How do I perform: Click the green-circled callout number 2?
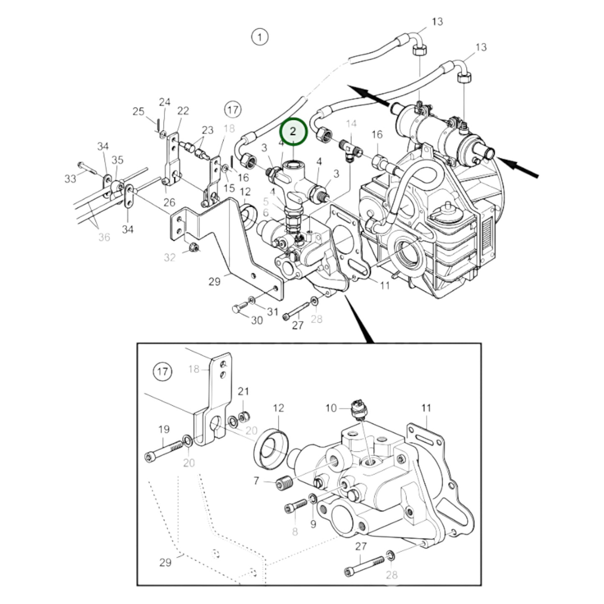pyautogui.click(x=293, y=132)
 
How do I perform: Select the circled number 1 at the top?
pyautogui.click(x=260, y=37)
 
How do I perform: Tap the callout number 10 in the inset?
pyautogui.click(x=331, y=408)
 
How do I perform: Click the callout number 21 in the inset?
pyautogui.click(x=243, y=391)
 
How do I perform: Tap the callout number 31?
pyautogui.click(x=273, y=311)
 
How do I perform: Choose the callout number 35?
pyautogui.click(x=117, y=160)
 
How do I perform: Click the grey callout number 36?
pyautogui.click(x=104, y=237)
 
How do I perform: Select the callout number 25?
pyautogui.click(x=138, y=112)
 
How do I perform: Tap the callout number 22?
pyautogui.click(x=183, y=111)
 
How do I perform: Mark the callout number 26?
pyautogui.click(x=169, y=202)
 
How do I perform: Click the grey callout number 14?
pyautogui.click(x=351, y=123)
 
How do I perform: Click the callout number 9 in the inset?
pyautogui.click(x=313, y=524)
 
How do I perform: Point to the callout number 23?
pyautogui.click(x=207, y=130)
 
